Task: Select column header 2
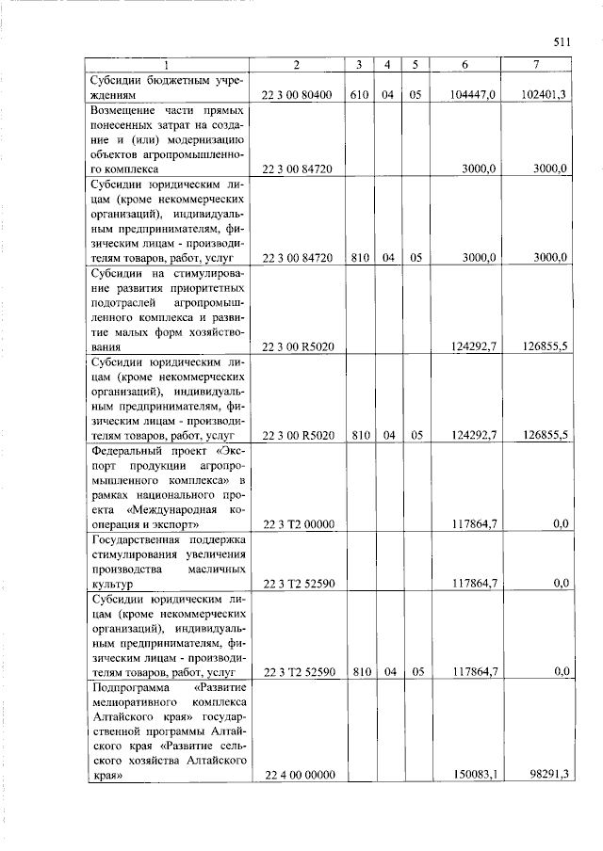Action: click(x=296, y=64)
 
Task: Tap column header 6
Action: click(x=464, y=64)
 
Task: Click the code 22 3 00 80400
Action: click(x=296, y=96)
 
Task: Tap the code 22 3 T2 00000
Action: click(x=296, y=524)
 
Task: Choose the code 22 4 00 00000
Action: click(x=296, y=775)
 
